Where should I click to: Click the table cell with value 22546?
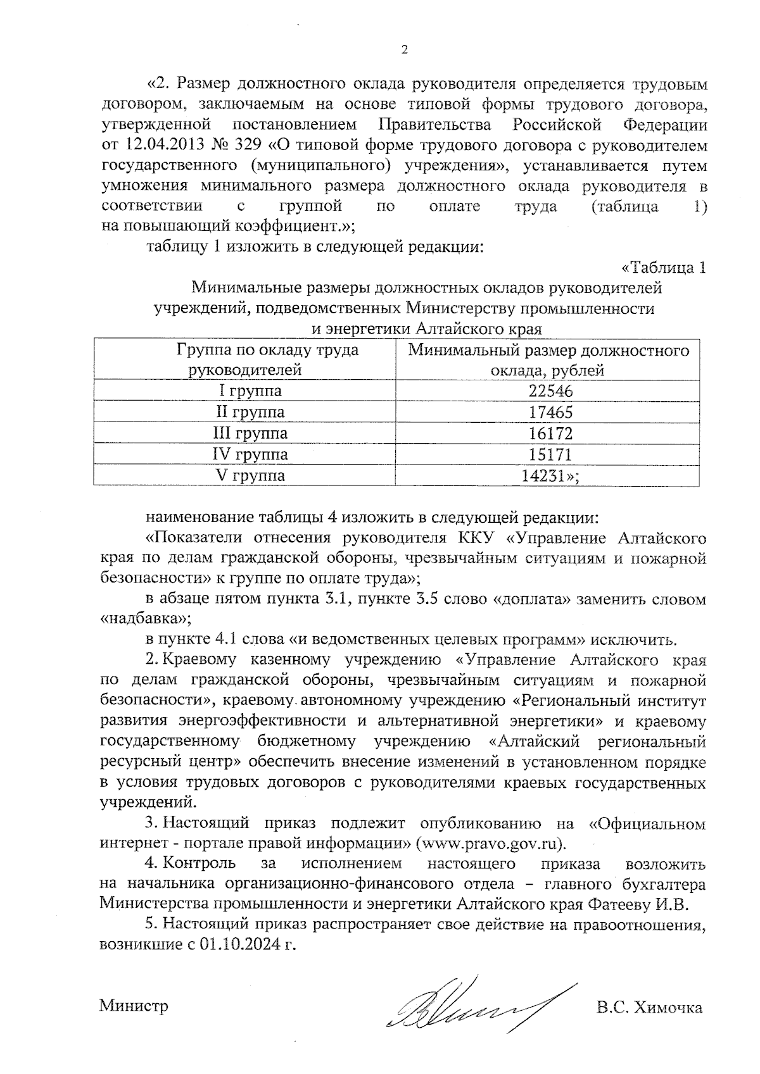[x=550, y=390]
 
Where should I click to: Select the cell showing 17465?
[x=550, y=412]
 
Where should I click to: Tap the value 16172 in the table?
[x=550, y=434]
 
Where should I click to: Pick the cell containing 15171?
[x=550, y=454]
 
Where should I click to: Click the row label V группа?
[x=250, y=475]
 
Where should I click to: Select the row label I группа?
[x=250, y=390]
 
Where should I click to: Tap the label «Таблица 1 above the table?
[x=663, y=268]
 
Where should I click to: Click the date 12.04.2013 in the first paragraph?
[x=162, y=145]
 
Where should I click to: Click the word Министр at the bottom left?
[x=134, y=1006]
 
